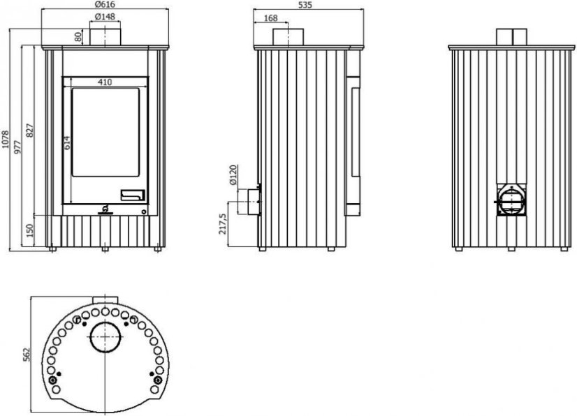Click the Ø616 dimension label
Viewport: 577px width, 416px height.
point(105,4)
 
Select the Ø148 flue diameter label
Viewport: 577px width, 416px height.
point(105,17)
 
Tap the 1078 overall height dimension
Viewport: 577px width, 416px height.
point(5,140)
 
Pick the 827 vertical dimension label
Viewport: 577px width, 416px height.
point(30,131)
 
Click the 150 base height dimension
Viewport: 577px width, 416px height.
point(30,230)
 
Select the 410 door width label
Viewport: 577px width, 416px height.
point(105,82)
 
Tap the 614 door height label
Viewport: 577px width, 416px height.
point(67,143)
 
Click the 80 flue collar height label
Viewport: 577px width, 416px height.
point(78,37)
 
